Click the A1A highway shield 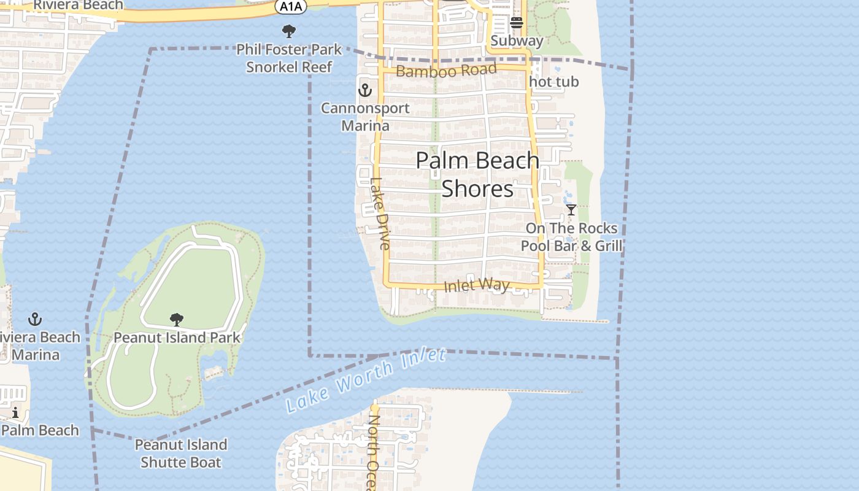(x=290, y=6)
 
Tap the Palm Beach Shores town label (x=477, y=175)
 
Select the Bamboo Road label (x=445, y=71)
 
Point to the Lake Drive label (x=380, y=214)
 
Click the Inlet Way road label (x=476, y=285)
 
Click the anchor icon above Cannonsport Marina (x=365, y=91)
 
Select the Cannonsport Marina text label (x=366, y=117)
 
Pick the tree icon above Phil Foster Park (x=288, y=31)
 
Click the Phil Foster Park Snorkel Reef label (x=289, y=58)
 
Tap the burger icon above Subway (x=516, y=23)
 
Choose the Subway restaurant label (x=517, y=41)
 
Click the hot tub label (x=553, y=82)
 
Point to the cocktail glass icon (x=571, y=210)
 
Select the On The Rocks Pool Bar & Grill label (x=571, y=237)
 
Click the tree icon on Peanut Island (x=177, y=320)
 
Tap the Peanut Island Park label (x=177, y=338)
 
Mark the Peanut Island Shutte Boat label (x=180, y=453)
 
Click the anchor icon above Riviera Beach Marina (x=35, y=319)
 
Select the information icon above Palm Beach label (x=15, y=412)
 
